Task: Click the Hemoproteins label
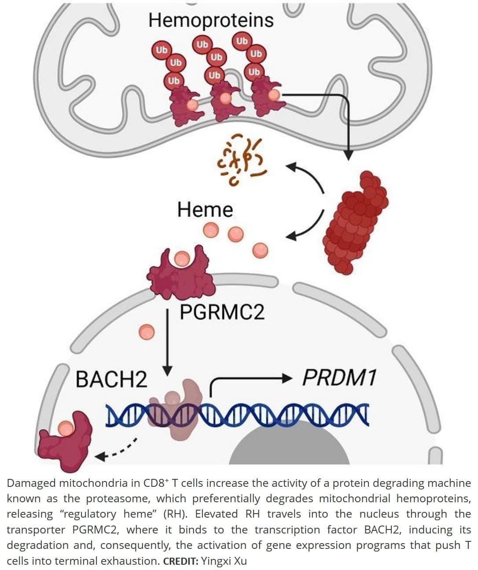coord(211,20)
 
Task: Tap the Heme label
coord(205,210)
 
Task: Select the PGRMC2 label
coord(222,312)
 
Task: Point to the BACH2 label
coord(111,379)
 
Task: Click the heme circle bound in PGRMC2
coord(182,258)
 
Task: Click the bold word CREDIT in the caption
coord(181,561)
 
